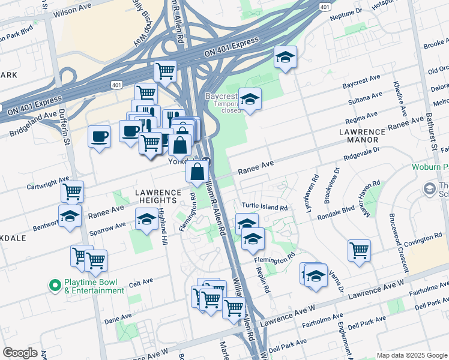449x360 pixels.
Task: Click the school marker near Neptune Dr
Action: coord(285,57)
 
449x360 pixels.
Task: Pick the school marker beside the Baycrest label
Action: coord(250,99)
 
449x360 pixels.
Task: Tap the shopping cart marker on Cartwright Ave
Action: coord(72,191)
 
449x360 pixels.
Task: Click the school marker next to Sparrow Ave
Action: coord(146,219)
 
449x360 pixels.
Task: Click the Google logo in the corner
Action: coord(20,353)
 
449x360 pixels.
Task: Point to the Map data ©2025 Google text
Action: coord(411,355)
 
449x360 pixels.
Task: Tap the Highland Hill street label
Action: coord(161,226)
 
